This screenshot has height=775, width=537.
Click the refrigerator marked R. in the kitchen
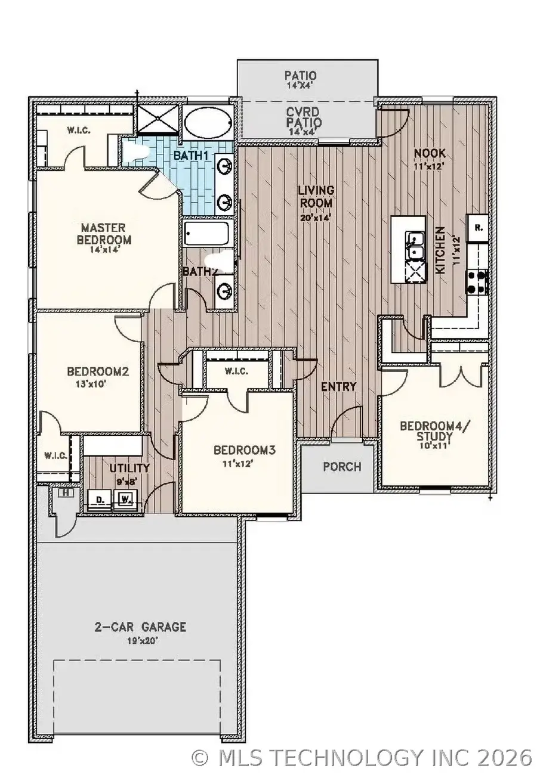click(479, 228)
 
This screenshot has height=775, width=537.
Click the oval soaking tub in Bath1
click(206, 124)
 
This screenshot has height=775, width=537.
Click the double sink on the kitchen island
click(415, 246)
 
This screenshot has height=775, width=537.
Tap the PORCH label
click(342, 466)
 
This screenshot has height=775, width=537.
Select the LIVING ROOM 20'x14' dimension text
click(316, 218)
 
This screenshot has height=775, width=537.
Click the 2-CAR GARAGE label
click(141, 627)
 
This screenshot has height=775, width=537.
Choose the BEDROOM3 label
click(244, 450)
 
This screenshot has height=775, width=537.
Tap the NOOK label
click(430, 154)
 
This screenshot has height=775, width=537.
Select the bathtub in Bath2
click(206, 233)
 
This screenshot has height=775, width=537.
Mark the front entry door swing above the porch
click(345, 424)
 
